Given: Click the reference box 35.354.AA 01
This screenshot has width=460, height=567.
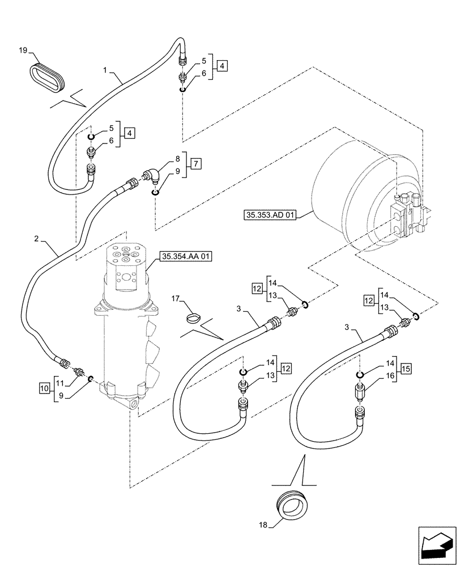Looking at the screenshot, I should [186, 257].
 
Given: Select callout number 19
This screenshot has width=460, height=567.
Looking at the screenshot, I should [22, 51].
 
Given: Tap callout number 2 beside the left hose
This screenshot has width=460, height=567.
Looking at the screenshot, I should [36, 240].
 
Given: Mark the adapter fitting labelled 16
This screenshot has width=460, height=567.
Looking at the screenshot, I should [360, 391].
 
